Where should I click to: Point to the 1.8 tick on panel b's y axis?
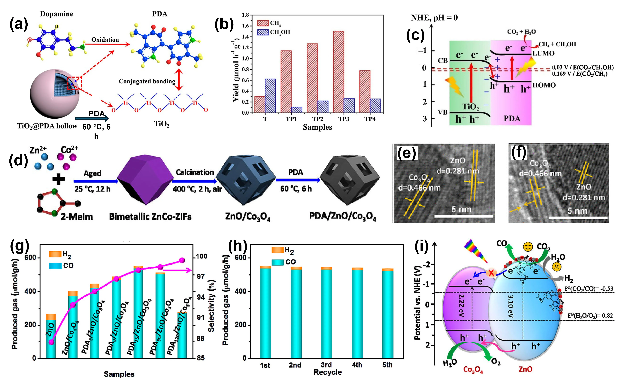point(245,15)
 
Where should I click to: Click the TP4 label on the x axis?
point(370,119)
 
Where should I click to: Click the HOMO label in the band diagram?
point(544,85)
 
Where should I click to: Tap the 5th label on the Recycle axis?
point(387,365)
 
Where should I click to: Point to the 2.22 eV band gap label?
point(462,305)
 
